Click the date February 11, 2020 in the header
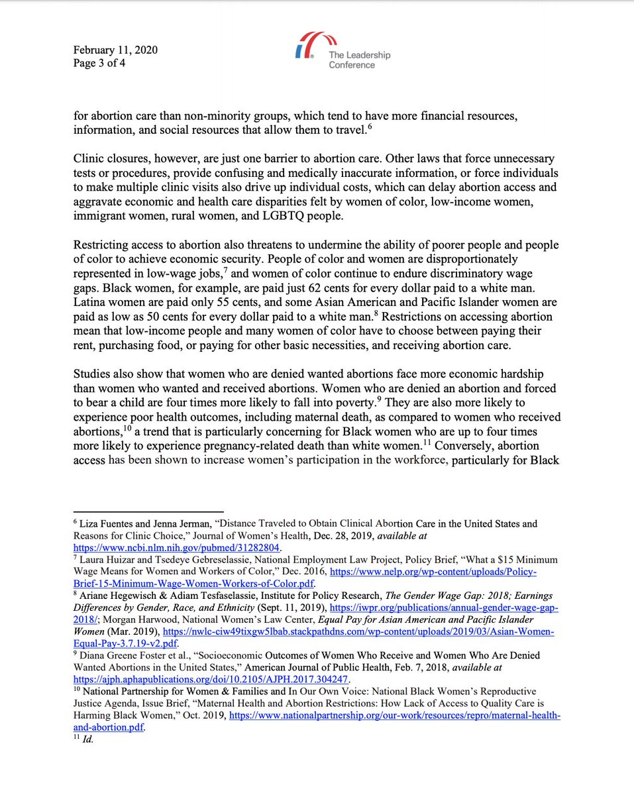[115, 50]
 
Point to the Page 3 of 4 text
[99, 64]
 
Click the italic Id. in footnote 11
[87, 739]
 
